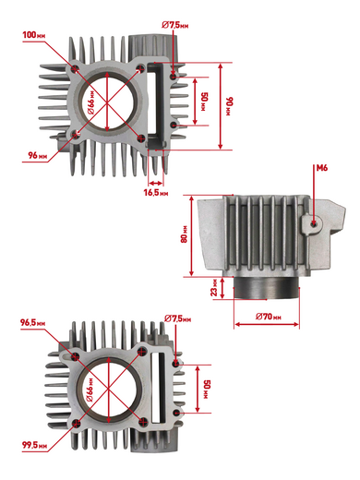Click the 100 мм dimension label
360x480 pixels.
click(34, 35)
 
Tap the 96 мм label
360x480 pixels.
click(38, 156)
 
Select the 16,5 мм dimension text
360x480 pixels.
click(156, 193)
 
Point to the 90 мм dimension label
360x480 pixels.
click(230, 106)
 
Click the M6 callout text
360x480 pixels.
click(322, 168)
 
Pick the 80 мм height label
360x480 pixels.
click(184, 234)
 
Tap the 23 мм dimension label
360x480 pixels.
click(214, 288)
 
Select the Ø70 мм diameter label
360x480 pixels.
click(269, 317)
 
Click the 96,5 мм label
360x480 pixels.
click(33, 323)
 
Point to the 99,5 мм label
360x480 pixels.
click(34, 445)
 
